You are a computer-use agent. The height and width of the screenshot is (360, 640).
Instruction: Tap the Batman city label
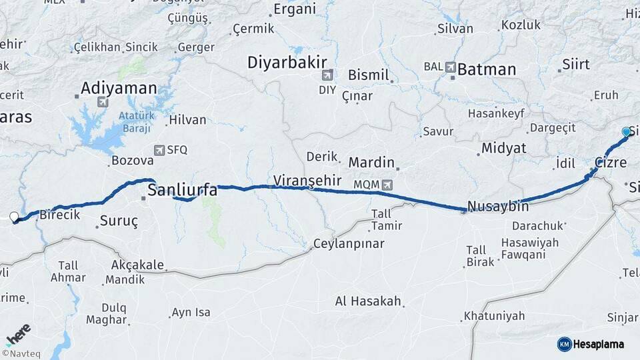(487, 69)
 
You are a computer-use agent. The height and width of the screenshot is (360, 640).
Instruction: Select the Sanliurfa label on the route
(182, 190)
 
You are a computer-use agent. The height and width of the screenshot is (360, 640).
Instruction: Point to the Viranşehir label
(307, 180)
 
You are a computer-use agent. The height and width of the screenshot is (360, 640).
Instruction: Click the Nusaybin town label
(498, 206)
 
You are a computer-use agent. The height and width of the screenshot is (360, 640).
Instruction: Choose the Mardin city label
(371, 162)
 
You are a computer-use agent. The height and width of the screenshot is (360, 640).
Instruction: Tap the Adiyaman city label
(119, 88)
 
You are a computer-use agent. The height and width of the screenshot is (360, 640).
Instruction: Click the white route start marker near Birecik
(13, 216)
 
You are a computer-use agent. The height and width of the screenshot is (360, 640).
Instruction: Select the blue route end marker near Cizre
(626, 132)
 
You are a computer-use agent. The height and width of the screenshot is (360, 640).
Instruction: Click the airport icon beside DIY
(327, 75)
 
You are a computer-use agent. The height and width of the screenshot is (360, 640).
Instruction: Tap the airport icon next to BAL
(450, 67)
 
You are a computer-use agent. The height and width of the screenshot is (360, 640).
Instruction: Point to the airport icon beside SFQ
(159, 150)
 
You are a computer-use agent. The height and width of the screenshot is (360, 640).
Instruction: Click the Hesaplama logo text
(599, 345)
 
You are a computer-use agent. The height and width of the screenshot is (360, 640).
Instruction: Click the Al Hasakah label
(368, 301)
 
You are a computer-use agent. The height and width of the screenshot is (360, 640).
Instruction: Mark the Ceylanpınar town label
(349, 243)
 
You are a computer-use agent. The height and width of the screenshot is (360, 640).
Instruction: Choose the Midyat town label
(503, 148)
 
